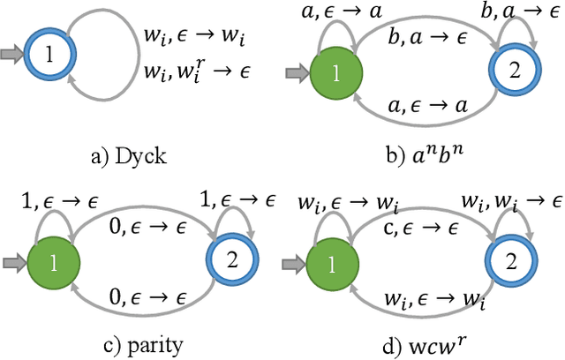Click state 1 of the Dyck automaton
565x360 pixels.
pos(50,55)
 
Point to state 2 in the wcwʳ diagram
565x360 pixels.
pos(510,262)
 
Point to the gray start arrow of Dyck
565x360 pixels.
pos(14,55)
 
